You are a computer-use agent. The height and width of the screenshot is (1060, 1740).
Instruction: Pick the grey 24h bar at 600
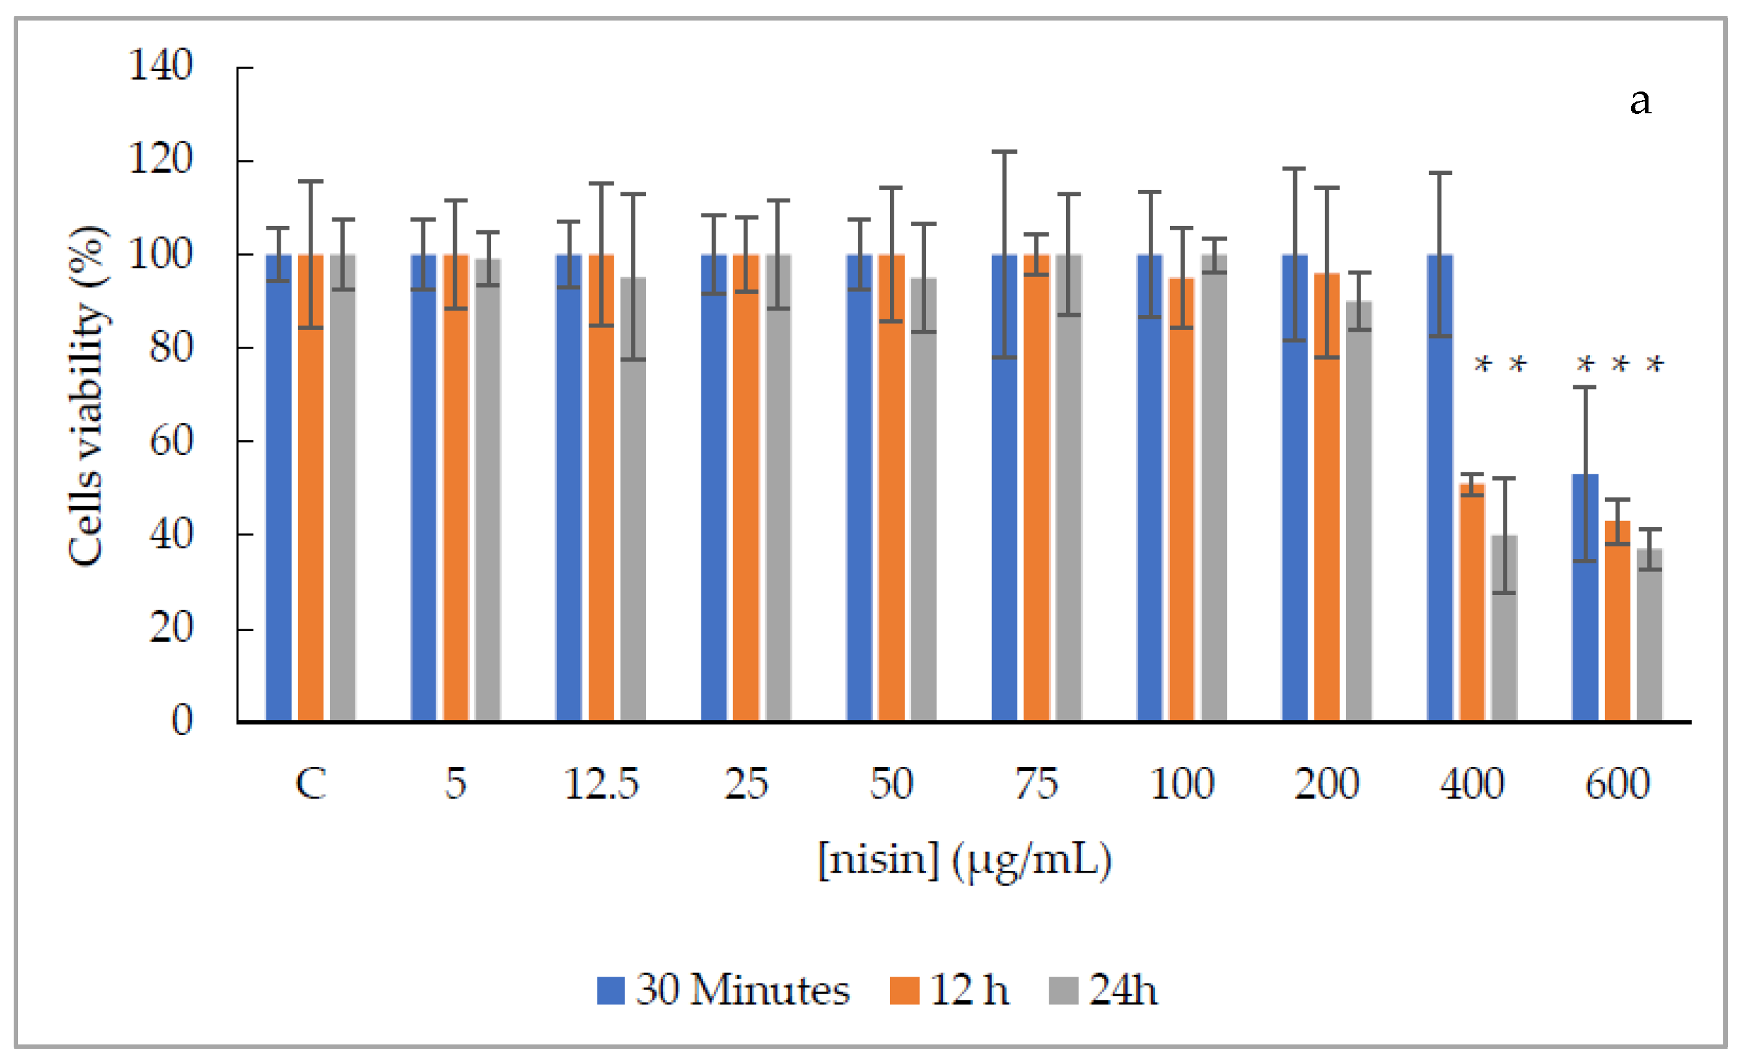[1650, 635]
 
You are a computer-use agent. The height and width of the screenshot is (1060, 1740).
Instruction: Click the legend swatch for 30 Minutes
[610, 990]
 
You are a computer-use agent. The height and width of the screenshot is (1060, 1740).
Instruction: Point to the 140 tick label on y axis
[161, 66]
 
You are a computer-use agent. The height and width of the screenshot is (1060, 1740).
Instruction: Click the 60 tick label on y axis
[171, 441]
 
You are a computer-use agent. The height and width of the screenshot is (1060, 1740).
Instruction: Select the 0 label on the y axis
[182, 720]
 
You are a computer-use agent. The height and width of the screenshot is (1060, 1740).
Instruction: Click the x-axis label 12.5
[601, 784]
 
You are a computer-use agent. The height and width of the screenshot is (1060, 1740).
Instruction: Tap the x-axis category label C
[311, 784]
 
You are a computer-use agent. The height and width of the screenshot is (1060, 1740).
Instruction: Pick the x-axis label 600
[1617, 784]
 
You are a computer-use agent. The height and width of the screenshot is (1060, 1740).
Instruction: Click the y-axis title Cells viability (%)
[88, 395]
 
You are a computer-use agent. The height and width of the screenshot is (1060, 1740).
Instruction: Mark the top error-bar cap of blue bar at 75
[1004, 152]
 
